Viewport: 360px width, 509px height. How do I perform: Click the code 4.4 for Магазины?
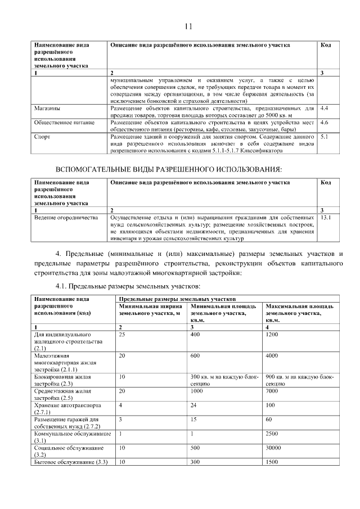(324, 106)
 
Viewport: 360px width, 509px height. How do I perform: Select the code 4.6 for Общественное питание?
(324, 121)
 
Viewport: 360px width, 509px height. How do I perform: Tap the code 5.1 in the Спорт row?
(324, 137)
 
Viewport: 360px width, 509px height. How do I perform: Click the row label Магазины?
(48, 106)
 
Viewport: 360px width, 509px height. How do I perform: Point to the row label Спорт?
(42, 137)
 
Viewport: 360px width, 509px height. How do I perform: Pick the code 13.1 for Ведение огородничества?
(326, 217)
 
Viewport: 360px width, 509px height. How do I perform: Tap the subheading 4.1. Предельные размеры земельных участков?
(129, 286)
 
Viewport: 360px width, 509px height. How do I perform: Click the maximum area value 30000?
(274, 448)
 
